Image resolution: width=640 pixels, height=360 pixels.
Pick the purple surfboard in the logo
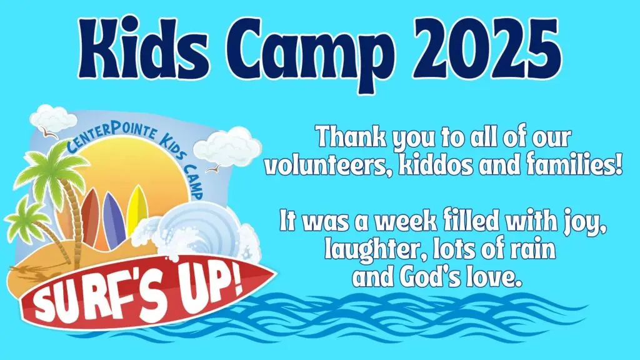point(114,218)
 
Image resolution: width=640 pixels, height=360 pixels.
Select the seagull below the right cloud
point(214,168)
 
